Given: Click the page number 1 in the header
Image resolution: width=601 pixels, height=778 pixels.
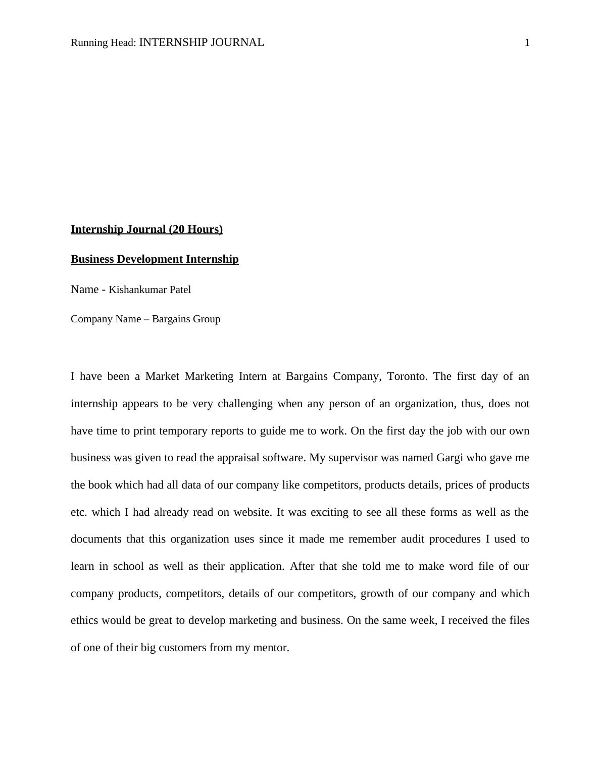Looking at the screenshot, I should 527,43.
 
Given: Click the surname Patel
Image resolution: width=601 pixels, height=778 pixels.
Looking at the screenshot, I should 178,289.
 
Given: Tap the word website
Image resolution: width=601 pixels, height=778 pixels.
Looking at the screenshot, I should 252,512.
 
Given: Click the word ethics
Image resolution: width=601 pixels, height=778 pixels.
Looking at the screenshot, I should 84,620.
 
